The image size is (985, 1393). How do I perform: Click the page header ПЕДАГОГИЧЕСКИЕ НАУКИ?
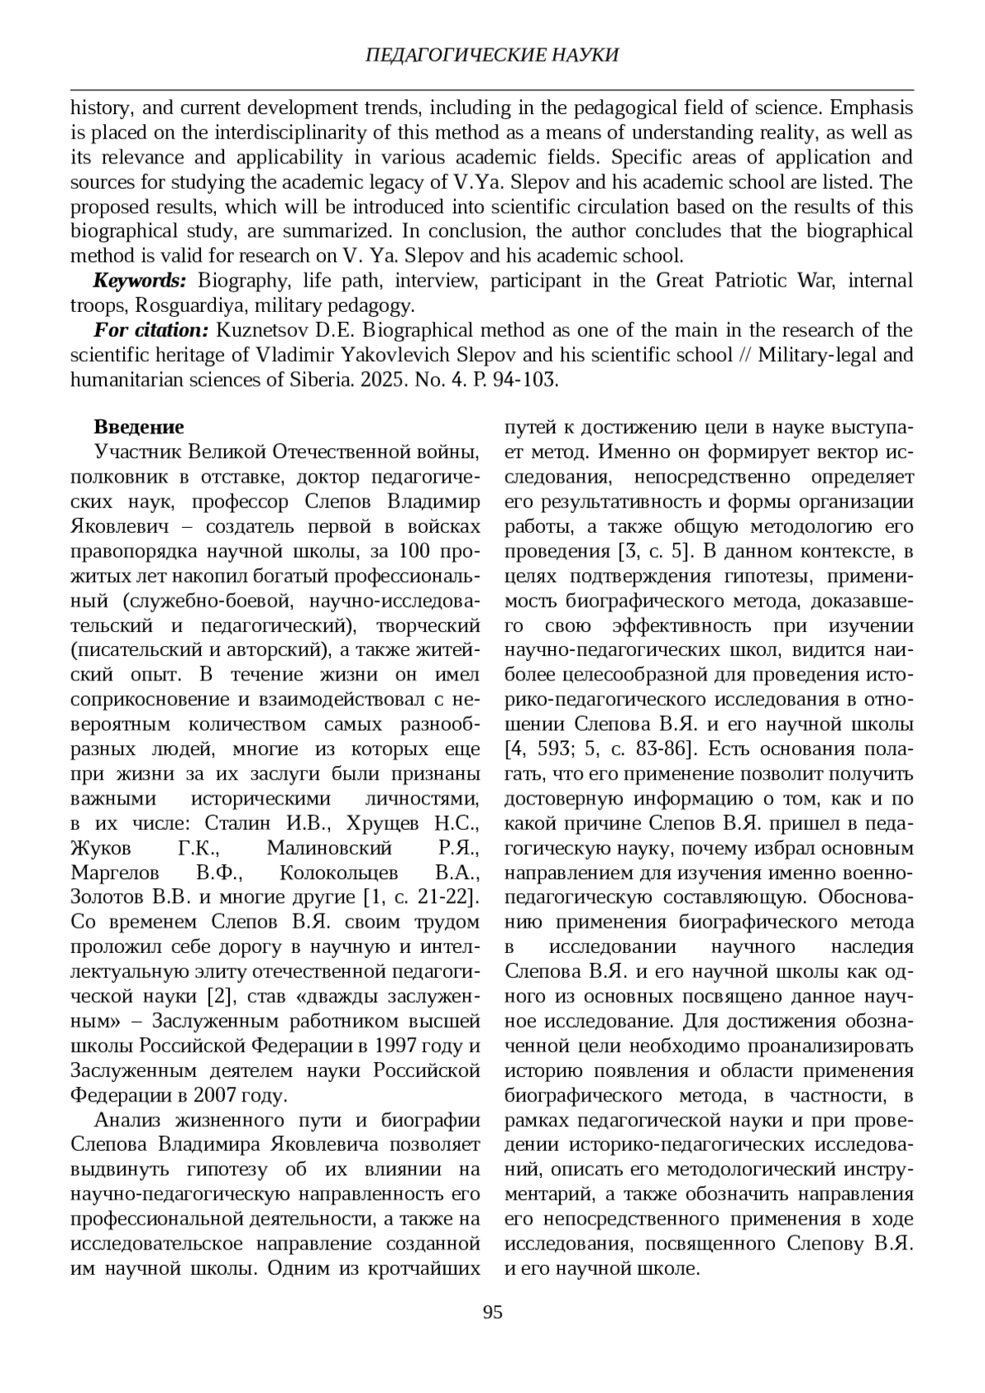pos(492,55)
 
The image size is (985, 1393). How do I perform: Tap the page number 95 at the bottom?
pos(492,1311)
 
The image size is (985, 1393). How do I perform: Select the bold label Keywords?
pos(140,281)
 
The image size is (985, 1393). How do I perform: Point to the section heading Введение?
pos(139,428)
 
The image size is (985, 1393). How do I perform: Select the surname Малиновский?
pos(329,847)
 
